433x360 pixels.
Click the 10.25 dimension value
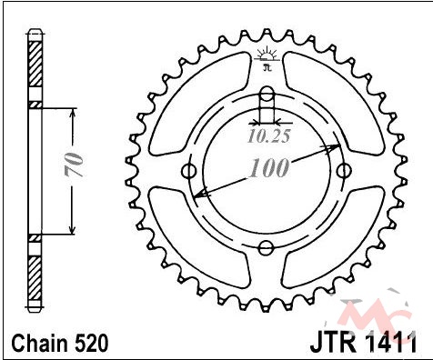pyautogui.click(x=269, y=136)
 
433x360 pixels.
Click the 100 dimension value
pyautogui.click(x=268, y=167)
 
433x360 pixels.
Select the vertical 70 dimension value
pyautogui.click(x=74, y=165)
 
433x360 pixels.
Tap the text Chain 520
pyautogui.click(x=59, y=344)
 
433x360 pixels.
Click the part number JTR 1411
pyautogui.click(x=364, y=344)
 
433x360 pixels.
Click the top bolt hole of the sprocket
pyautogui.click(x=267, y=94)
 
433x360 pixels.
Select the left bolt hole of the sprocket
pyautogui.click(x=189, y=171)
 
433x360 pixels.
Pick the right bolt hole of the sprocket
pyautogui.click(x=344, y=171)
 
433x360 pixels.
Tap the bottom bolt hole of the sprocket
pyautogui.click(x=267, y=248)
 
